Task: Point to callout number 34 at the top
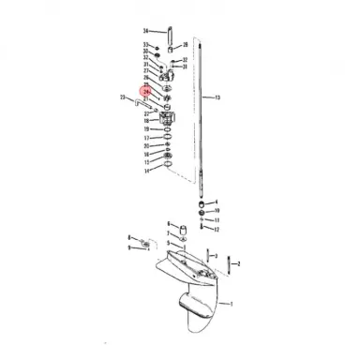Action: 145,31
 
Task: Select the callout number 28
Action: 186,44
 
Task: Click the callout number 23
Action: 124,97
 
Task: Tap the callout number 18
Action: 146,121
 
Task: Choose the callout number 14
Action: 146,172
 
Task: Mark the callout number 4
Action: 217,201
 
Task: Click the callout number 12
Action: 217,228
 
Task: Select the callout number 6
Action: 169,223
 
